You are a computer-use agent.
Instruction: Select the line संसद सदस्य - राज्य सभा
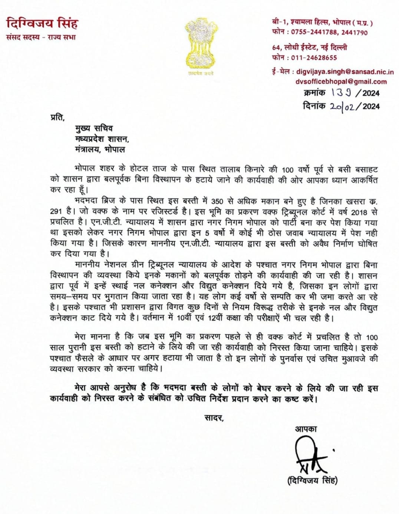coord(41,37)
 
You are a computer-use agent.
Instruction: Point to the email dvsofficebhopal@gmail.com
coord(341,82)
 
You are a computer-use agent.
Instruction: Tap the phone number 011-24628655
coord(314,58)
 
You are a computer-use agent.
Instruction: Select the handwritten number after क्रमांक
coord(344,92)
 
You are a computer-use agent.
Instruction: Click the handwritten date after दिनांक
coord(343,107)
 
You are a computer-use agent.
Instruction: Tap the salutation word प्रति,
coord(57,117)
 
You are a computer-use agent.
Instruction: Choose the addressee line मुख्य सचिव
coord(94,128)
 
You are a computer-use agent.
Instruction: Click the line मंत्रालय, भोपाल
coord(100,150)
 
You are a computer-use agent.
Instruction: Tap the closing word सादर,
coord(214,418)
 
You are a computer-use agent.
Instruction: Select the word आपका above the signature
coord(306,429)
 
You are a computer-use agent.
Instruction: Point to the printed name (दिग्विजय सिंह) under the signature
coord(313,481)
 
